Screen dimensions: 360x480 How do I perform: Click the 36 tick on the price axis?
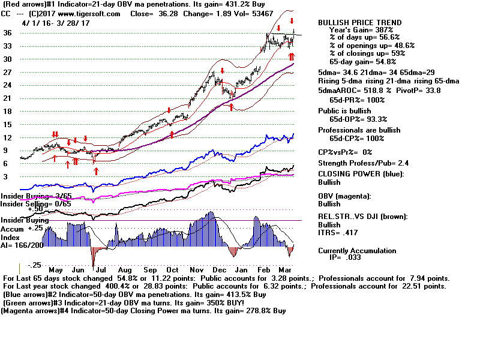(8, 33)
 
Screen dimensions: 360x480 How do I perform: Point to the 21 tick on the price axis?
(8, 98)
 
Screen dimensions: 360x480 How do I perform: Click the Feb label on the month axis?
(265, 271)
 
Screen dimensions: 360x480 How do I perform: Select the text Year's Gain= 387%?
(361, 30)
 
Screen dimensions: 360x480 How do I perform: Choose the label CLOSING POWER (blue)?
(361, 174)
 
